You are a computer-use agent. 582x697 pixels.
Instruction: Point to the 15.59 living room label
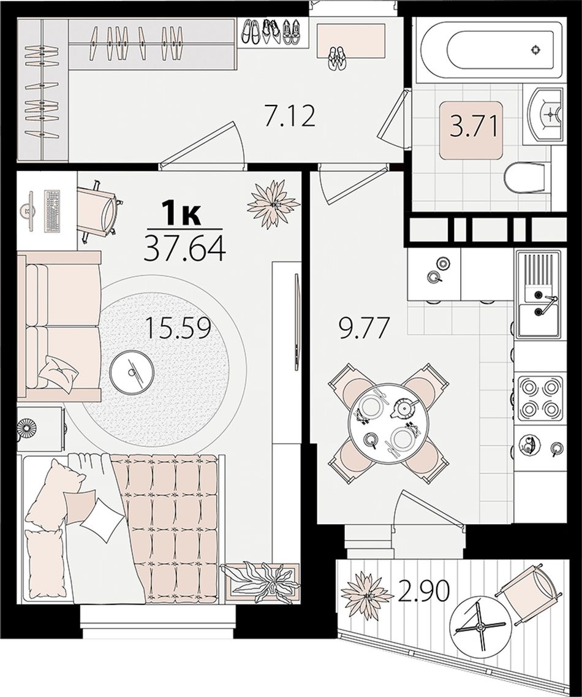tap(179, 329)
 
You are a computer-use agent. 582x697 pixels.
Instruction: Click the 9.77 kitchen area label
tap(365, 329)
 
